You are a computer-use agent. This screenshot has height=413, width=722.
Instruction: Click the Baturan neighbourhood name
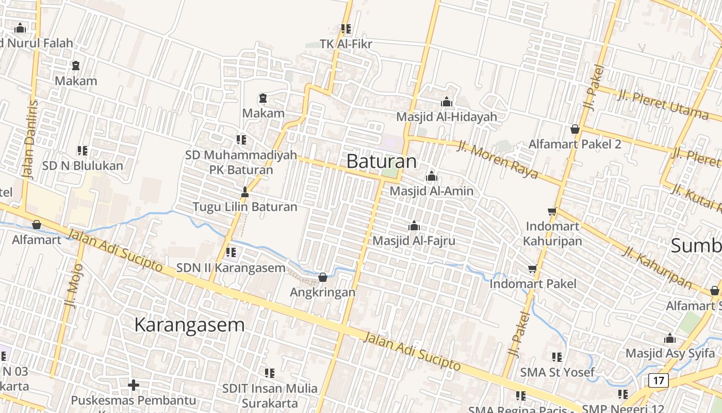click(x=381, y=161)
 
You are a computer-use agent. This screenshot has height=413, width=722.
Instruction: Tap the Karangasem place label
click(x=189, y=325)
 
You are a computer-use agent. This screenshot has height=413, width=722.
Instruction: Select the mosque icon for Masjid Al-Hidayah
click(x=447, y=102)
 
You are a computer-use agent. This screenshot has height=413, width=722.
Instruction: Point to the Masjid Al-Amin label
click(x=431, y=191)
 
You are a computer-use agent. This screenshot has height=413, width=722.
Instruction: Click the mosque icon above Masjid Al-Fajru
click(x=414, y=226)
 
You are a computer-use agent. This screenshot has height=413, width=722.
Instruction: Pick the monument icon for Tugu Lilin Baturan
click(x=245, y=193)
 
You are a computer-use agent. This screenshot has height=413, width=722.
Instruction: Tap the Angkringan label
click(x=322, y=292)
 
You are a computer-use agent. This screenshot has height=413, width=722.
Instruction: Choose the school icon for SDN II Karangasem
click(x=231, y=252)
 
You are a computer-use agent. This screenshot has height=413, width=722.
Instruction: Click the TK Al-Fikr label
click(x=346, y=44)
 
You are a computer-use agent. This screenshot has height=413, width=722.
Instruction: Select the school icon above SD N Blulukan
click(x=83, y=151)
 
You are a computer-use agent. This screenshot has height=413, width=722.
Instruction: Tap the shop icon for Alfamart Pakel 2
click(x=575, y=129)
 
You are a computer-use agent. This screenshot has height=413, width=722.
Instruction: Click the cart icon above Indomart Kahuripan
click(x=552, y=211)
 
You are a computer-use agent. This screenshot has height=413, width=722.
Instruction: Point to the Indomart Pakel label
click(x=533, y=283)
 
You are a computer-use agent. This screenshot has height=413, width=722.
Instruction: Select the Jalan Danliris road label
click(x=31, y=139)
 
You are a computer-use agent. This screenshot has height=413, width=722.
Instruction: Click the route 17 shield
click(x=658, y=381)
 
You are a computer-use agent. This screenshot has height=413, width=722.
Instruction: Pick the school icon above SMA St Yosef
click(x=556, y=357)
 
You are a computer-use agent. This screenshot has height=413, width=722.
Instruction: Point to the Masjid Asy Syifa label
click(x=670, y=353)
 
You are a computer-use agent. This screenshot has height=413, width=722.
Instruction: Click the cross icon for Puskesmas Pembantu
click(x=134, y=385)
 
